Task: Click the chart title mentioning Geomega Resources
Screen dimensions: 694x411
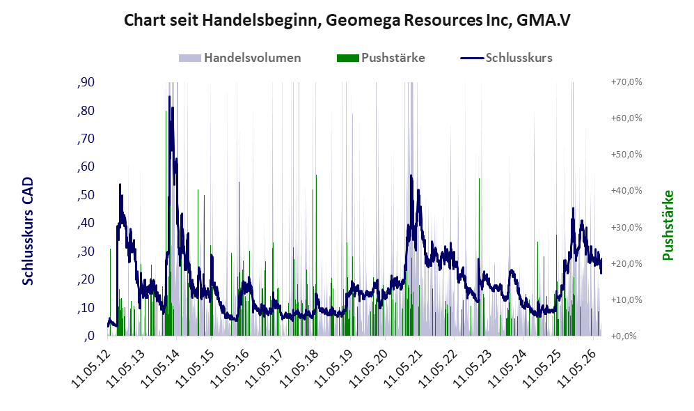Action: tap(347, 20)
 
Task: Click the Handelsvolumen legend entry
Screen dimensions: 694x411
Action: tap(240, 58)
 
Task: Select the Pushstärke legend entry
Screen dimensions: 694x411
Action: tap(381, 58)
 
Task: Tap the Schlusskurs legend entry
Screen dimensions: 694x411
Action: tap(506, 58)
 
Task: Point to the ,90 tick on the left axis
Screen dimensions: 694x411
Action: tap(86, 82)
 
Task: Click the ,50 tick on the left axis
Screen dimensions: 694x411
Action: tap(86, 195)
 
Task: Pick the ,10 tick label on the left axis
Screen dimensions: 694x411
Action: tap(86, 308)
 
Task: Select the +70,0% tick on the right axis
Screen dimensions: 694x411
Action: tap(626, 82)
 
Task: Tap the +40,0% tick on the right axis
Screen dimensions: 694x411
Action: tap(626, 190)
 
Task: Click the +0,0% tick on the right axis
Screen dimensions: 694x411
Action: tap(624, 336)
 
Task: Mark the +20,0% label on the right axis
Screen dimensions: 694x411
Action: tap(626, 263)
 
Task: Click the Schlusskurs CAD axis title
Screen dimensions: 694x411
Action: tap(28, 231)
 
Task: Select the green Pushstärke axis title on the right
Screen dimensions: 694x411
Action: tap(668, 226)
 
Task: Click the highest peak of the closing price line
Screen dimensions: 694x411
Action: tap(169, 97)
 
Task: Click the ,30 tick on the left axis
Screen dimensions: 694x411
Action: tap(86, 251)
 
